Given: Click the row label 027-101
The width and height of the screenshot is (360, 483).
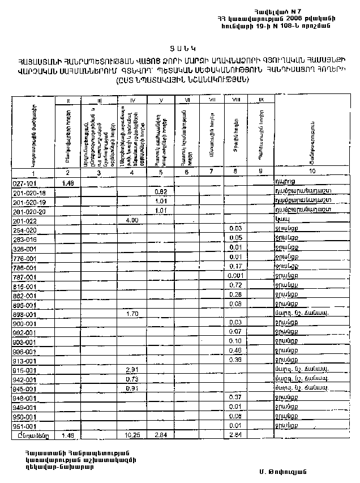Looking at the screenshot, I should point(23,183).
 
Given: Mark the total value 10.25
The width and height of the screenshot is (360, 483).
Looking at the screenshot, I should point(132,435).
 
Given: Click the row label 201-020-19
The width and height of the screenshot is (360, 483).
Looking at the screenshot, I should point(28,202).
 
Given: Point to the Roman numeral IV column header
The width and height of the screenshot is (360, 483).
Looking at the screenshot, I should point(132,101).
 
